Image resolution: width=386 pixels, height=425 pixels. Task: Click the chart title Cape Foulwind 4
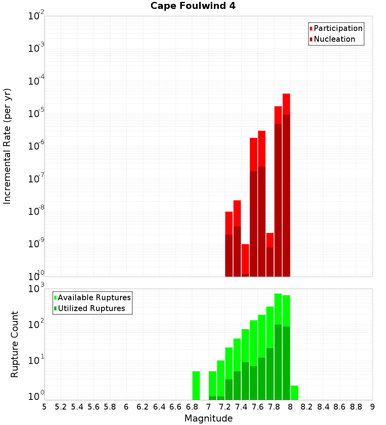193,6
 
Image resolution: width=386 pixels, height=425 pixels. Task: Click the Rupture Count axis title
15,344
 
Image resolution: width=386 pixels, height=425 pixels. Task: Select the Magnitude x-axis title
208,418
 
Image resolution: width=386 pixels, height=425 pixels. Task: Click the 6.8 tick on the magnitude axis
192,407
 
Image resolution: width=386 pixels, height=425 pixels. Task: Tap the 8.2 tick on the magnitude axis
307,407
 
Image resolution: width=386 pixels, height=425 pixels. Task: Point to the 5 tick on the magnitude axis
44,407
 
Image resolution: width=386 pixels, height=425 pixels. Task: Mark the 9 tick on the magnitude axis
372,407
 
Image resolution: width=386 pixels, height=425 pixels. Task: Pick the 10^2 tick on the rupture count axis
36,325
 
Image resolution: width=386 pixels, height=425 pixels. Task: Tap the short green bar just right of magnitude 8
295,393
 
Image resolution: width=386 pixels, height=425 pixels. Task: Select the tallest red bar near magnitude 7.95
286,104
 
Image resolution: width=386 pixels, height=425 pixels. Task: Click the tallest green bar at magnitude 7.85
278,309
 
